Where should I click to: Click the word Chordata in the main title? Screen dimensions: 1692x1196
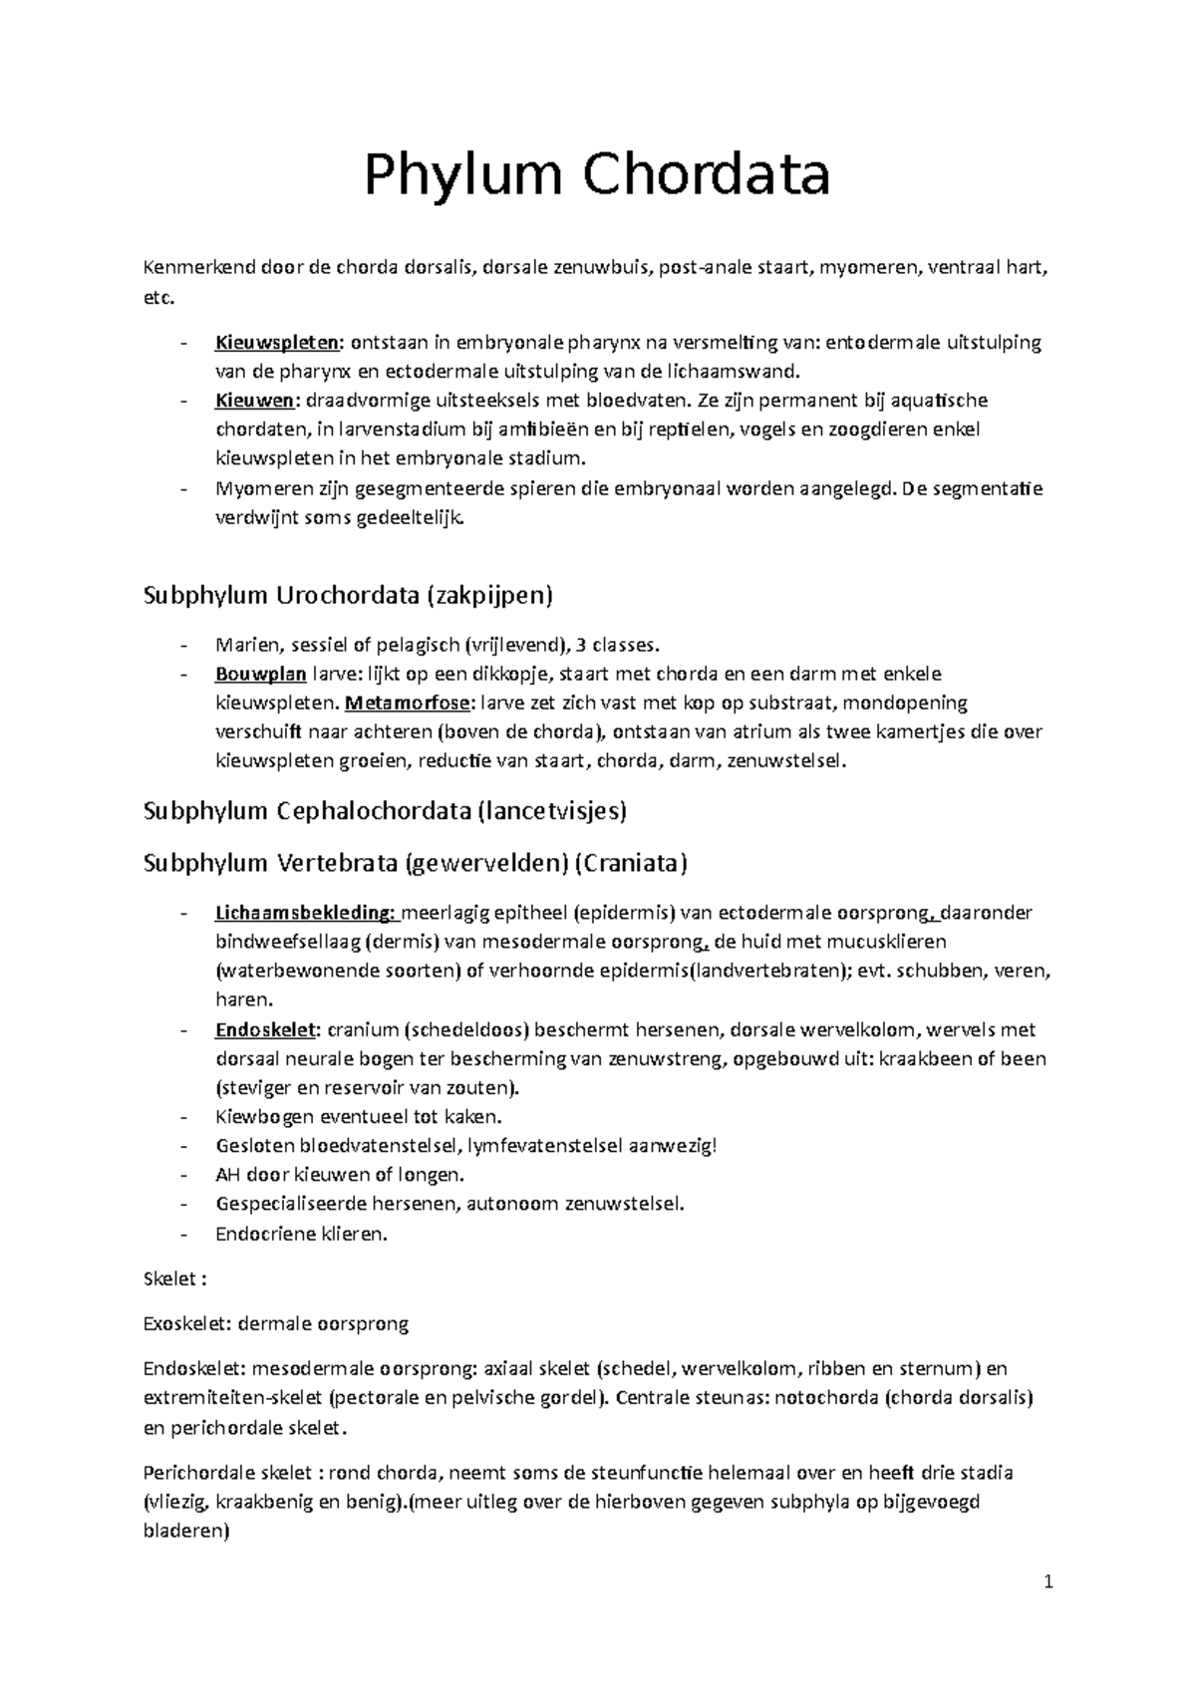pos(707,175)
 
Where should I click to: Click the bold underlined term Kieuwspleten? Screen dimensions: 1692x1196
pos(277,344)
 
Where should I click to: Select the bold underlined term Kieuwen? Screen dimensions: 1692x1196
pos(254,402)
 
